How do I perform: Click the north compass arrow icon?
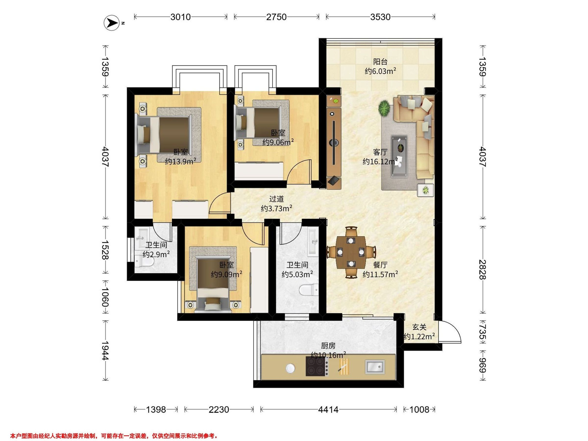pos(111,23)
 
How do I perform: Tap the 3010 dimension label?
pos(181,17)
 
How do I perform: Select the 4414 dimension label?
pos(328,410)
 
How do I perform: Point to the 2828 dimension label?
pos(482,269)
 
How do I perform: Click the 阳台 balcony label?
pos(380,62)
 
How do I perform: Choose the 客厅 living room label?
pos(380,152)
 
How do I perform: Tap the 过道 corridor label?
pos(276,199)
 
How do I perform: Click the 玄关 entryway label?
pos(419,327)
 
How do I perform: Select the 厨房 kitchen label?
pos(328,346)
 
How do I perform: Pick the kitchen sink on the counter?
pos(375,367)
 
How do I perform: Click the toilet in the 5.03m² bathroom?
pos(309,290)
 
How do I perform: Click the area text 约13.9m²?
pos(181,161)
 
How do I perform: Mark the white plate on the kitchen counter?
pos(290,368)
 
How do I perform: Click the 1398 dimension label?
pos(156,410)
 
